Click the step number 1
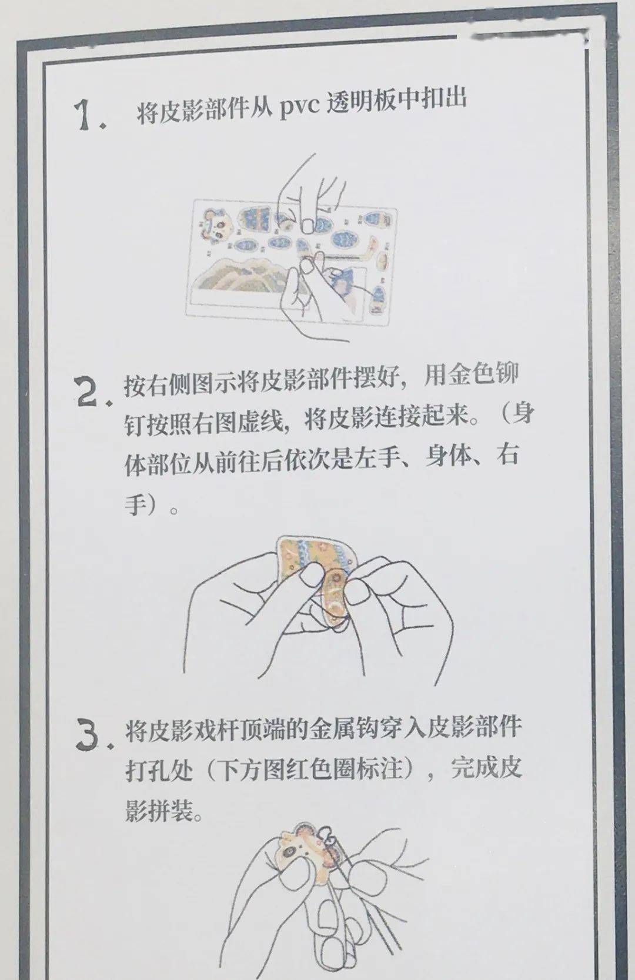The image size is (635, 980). pyautogui.click(x=88, y=115)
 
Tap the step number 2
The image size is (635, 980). pyautogui.click(x=92, y=392)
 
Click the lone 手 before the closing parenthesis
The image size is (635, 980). pyautogui.click(x=135, y=504)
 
